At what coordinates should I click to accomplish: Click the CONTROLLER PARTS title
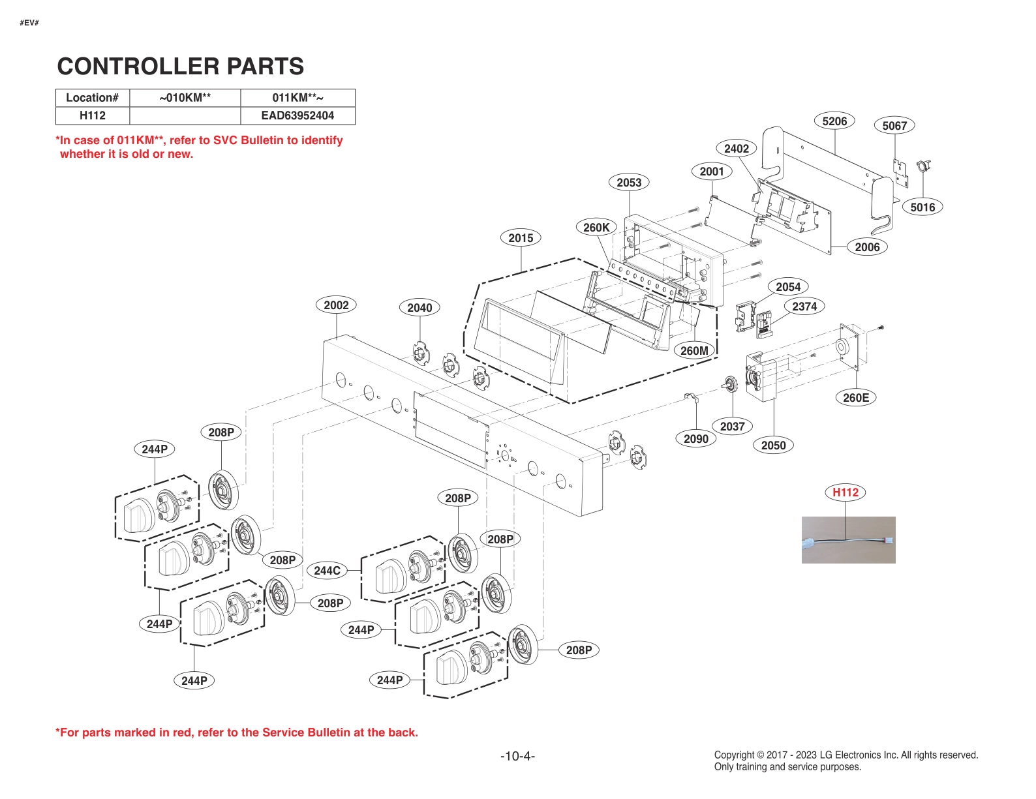(180, 67)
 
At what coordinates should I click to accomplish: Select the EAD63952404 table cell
(297, 115)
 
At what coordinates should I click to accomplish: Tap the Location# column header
(92, 98)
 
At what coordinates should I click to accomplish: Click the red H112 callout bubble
(845, 492)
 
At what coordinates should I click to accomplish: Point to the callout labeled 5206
(834, 121)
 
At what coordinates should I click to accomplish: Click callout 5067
(894, 126)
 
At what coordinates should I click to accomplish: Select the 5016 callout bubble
(922, 207)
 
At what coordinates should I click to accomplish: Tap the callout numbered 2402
(736, 149)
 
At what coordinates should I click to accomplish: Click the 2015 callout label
(520, 238)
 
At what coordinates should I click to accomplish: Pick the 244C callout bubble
(327, 571)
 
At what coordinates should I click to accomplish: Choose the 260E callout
(855, 398)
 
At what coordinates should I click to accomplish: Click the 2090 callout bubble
(695, 439)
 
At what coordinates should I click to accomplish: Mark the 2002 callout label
(336, 305)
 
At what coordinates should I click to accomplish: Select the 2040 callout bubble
(419, 308)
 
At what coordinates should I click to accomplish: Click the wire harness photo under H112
(847, 540)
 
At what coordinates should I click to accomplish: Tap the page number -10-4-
(517, 756)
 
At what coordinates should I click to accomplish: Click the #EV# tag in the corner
(29, 23)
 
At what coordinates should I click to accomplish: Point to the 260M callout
(693, 351)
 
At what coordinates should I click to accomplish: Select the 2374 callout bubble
(804, 307)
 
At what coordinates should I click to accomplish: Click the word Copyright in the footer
(733, 755)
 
